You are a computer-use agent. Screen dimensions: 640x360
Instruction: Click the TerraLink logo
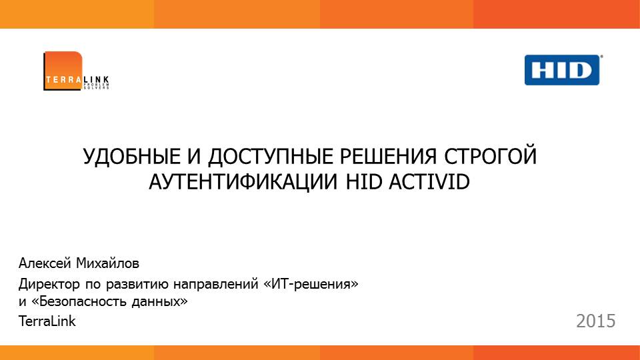coord(76,71)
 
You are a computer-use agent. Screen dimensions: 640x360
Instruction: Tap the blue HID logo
coord(563,70)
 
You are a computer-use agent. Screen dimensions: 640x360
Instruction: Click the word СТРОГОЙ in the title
coord(490,156)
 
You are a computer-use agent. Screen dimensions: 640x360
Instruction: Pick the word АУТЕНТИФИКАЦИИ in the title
coord(243,182)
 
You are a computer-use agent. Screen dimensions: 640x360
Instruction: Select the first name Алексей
coord(45,263)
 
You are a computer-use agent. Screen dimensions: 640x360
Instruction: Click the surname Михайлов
coord(108,263)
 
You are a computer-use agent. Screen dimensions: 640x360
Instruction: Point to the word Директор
coord(49,284)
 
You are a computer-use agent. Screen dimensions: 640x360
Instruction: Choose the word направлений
coord(215,284)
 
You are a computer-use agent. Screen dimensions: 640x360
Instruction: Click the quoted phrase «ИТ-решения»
coord(311,284)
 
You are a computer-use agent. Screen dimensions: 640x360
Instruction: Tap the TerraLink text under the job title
coord(47,321)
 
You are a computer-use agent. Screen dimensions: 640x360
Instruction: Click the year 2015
coord(595,321)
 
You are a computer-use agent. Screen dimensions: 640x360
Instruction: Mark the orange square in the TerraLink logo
coord(63,71)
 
